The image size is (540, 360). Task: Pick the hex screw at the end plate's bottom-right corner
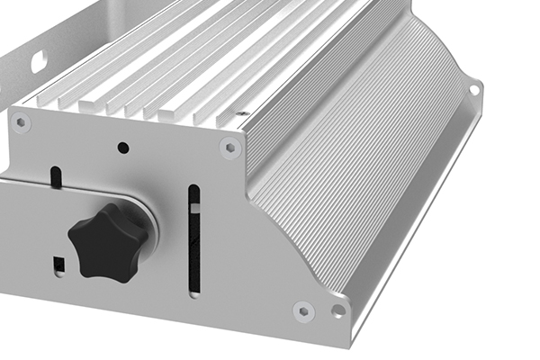pos(303,310)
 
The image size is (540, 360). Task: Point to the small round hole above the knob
pos(124,147)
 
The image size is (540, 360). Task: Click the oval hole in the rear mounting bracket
pos(40,62)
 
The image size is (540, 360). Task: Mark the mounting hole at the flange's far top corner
pos(473,89)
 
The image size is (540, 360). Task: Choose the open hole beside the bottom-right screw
pos(337,310)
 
